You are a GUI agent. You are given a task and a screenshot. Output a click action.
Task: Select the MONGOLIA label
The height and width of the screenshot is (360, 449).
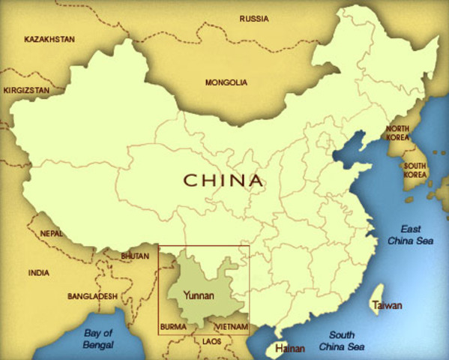coord(226,82)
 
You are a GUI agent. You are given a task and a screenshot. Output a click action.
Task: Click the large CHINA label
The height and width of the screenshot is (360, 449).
coord(223,180)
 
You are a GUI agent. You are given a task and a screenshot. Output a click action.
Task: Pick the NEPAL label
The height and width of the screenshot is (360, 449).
coord(52,234)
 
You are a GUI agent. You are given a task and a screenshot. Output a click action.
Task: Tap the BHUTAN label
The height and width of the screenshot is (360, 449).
coord(135,256)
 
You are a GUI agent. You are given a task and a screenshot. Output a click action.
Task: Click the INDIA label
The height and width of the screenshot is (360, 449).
coord(38,273)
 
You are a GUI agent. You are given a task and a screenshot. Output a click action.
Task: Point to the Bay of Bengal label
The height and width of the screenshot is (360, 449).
coord(98,339)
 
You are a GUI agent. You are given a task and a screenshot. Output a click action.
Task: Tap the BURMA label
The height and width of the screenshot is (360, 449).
coord(173,328)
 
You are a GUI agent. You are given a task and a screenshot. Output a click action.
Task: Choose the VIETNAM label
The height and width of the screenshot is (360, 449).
coord(231,328)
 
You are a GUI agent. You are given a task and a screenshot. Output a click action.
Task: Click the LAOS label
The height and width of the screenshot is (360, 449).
coord(212,341)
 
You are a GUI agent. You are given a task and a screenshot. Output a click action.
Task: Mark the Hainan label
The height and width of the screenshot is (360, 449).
coord(290,349)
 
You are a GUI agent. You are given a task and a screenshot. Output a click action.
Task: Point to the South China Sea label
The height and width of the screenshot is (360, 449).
coord(342,341)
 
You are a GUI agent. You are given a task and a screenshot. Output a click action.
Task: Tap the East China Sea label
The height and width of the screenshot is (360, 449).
coord(410,235)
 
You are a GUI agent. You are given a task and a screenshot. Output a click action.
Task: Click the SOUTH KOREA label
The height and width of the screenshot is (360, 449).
coord(415,169)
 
